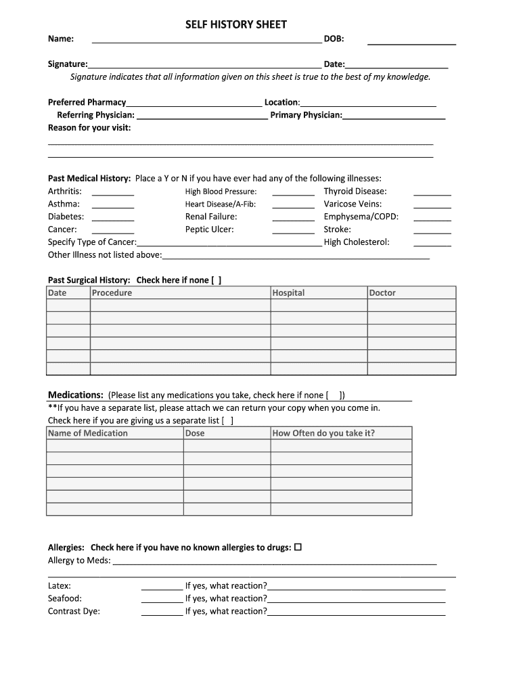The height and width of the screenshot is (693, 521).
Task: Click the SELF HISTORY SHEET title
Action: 236,24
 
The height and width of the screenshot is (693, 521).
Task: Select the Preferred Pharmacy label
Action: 87,102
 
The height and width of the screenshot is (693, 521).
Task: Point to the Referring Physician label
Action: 95,115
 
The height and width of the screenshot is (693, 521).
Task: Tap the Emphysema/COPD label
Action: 361,217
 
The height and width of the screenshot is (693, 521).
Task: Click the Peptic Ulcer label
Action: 210,229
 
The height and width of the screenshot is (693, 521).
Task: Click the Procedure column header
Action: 112,293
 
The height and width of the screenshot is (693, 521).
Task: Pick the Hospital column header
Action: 288,293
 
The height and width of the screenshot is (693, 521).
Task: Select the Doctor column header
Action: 382,293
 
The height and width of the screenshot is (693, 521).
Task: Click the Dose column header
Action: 195,433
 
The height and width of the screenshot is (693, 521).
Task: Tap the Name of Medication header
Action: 88,433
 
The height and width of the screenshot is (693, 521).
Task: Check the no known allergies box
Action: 298,547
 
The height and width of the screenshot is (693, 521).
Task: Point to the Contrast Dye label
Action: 74,611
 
